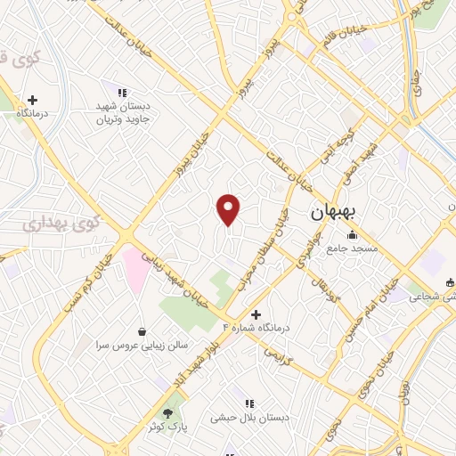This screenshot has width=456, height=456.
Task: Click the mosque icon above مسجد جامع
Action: [x=354, y=235]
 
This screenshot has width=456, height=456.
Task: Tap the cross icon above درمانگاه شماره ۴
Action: [x=256, y=314]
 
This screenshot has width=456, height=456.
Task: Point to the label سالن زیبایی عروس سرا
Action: [x=138, y=345]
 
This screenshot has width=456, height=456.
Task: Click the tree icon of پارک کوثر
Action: [x=167, y=413]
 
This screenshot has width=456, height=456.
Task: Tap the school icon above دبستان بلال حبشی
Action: [x=251, y=403]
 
